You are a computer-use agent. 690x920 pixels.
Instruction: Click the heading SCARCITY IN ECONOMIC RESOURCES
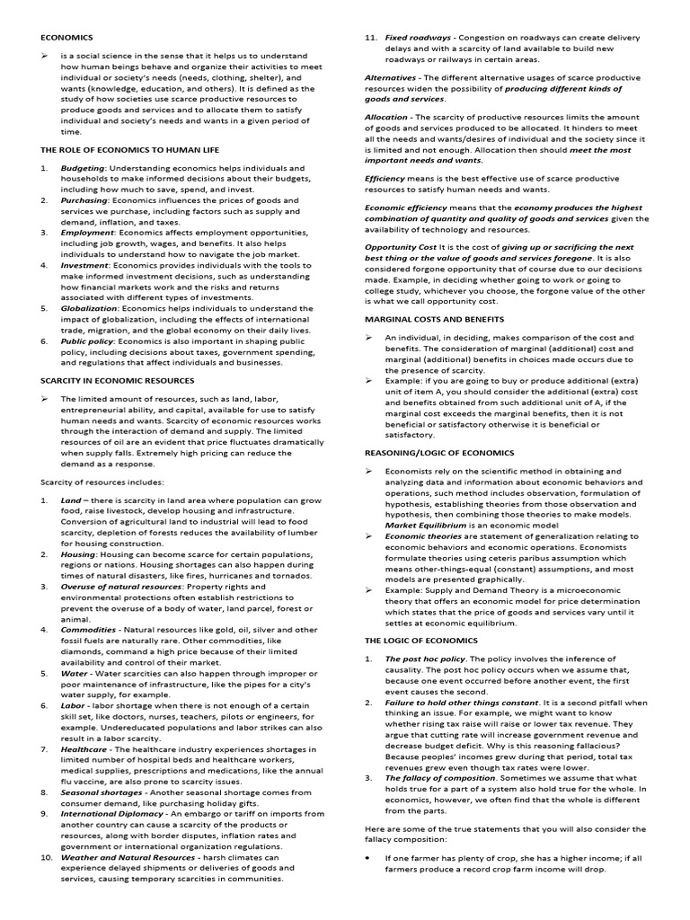click(118, 381)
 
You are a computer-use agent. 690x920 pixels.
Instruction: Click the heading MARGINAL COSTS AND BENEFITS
click(434, 319)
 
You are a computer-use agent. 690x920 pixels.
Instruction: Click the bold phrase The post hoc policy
click(428, 659)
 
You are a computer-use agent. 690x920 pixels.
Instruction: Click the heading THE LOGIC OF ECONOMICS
click(420, 640)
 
